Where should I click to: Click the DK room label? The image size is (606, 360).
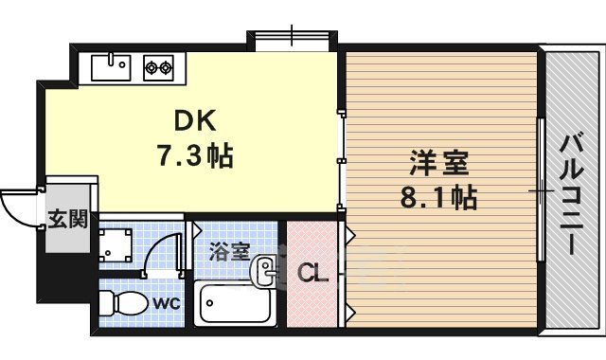click(x=197, y=121)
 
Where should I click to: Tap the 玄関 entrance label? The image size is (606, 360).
click(x=68, y=220)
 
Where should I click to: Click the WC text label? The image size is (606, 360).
click(x=167, y=304)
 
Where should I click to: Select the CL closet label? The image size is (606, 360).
click(x=312, y=275)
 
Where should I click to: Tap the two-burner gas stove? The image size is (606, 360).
click(x=160, y=67)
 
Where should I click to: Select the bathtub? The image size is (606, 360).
click(x=235, y=303)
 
